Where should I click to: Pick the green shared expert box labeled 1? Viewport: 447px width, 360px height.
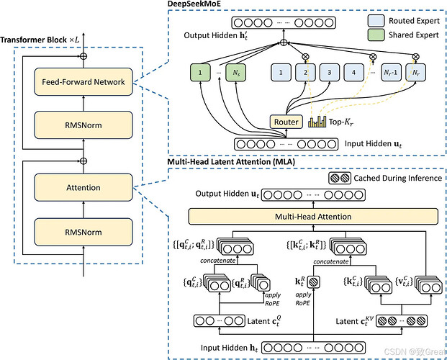click(195, 73)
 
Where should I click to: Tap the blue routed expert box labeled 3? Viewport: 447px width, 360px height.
click(328, 73)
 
